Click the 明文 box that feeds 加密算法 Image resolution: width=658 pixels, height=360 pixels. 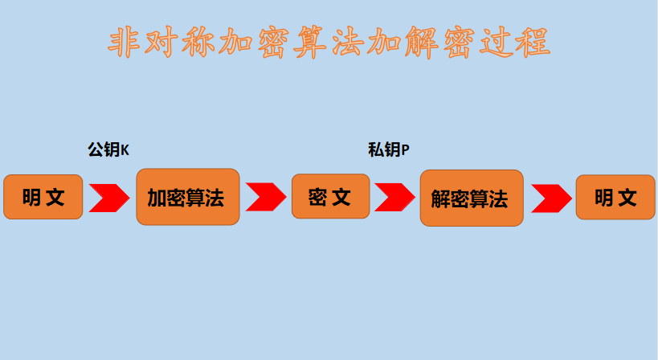[43, 197]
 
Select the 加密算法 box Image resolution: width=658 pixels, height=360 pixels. [188, 197]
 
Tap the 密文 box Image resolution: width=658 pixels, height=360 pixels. [330, 197]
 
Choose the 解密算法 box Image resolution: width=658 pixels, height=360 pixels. [472, 198]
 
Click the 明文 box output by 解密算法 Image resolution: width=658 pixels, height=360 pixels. [615, 197]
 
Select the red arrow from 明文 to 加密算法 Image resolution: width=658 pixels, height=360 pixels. [109, 198]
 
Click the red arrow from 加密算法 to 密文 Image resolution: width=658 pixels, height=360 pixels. [266, 197]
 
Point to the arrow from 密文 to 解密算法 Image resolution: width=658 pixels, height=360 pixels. [394, 197]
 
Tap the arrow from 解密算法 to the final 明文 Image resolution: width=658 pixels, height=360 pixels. [550, 198]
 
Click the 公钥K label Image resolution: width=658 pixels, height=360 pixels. [108, 149]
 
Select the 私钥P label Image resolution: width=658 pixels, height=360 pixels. [388, 149]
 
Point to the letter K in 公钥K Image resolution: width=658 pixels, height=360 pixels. [125, 150]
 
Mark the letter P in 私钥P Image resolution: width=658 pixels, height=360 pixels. [405, 150]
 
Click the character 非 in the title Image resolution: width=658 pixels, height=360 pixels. [127, 43]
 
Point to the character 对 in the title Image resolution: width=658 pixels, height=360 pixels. [164, 43]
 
